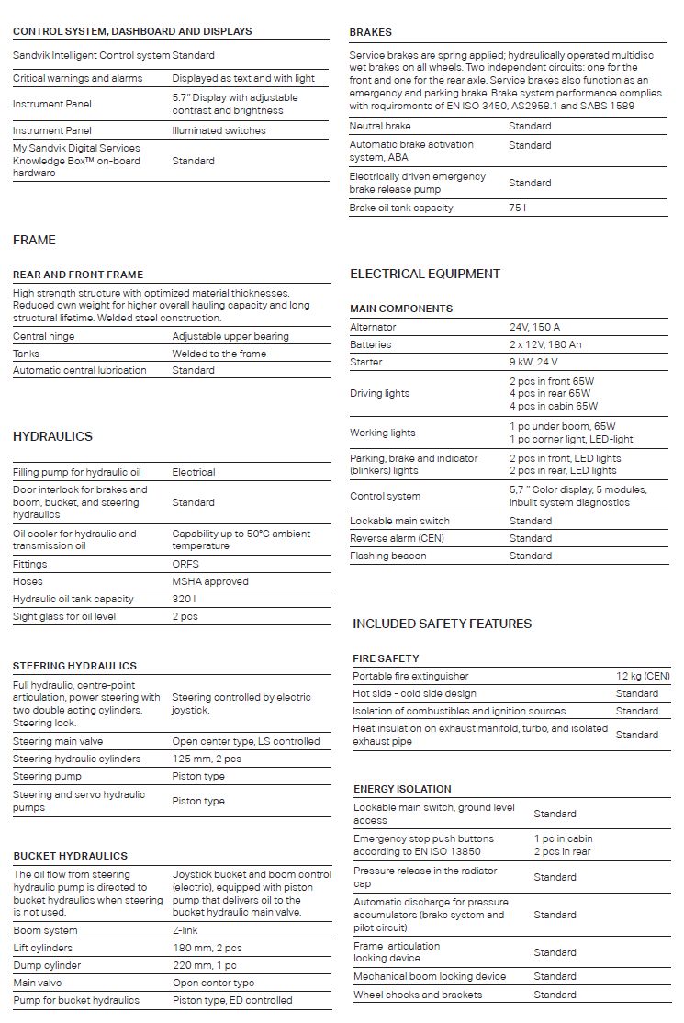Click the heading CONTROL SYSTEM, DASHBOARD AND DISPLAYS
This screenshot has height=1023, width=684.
pyautogui.click(x=132, y=31)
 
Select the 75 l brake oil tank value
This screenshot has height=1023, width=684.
pyautogui.click(x=517, y=208)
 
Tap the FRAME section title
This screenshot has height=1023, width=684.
pyautogui.click(x=34, y=240)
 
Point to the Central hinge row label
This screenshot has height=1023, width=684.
pyautogui.click(x=44, y=336)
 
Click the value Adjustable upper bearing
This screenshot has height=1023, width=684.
pyautogui.click(x=230, y=336)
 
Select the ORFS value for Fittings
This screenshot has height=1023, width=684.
pyautogui.click(x=185, y=564)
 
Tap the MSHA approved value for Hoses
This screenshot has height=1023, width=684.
pyautogui.click(x=210, y=581)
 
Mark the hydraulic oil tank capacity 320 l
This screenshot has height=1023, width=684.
pyautogui.click(x=185, y=599)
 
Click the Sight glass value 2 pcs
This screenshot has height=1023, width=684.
pyautogui.click(x=187, y=616)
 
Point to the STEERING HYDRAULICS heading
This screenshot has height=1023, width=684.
pyautogui.click(x=74, y=666)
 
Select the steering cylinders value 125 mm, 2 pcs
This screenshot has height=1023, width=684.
pyautogui.click(x=207, y=759)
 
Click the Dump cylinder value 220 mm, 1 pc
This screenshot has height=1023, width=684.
pyautogui.click(x=204, y=965)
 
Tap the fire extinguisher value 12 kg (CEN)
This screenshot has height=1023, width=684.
pyautogui.click(x=643, y=676)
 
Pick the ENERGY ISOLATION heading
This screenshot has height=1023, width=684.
pyautogui.click(x=402, y=789)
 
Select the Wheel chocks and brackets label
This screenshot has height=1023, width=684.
pyautogui.click(x=418, y=995)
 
